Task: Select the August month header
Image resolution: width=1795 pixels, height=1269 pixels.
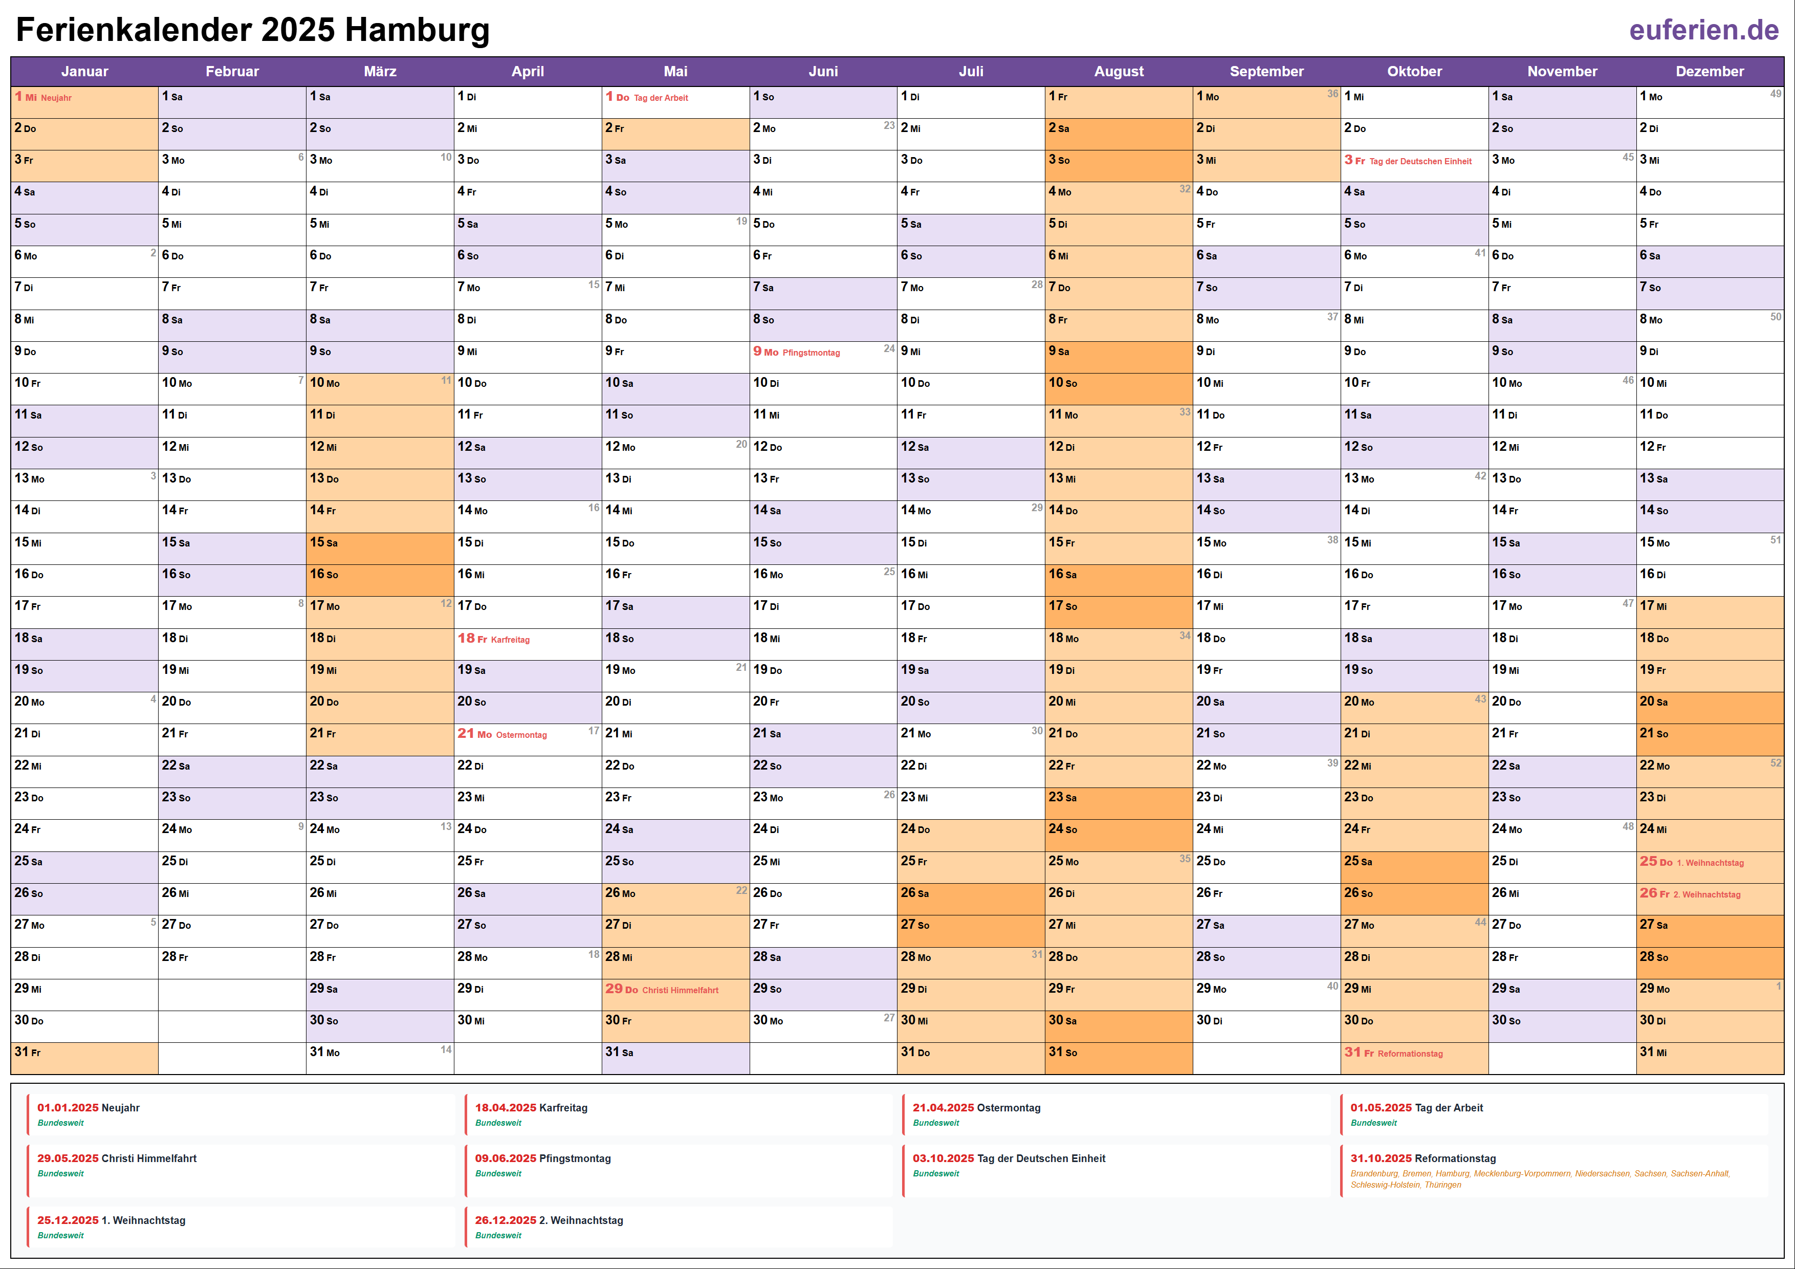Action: [1118, 71]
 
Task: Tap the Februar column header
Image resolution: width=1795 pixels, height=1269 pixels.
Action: [232, 71]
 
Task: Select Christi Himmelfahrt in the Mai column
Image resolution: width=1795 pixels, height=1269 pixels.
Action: [680, 990]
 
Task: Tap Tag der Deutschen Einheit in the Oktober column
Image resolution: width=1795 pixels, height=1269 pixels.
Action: [1420, 161]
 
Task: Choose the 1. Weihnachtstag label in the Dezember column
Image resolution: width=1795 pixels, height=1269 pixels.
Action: [1710, 862]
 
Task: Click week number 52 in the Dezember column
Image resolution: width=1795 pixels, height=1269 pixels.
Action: [1776, 763]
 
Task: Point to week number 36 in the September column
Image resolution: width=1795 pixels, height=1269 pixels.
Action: [1332, 94]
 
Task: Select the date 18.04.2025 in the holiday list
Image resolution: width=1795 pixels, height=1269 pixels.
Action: [505, 1108]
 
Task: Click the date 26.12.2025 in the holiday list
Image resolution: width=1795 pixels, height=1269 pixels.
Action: [505, 1220]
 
